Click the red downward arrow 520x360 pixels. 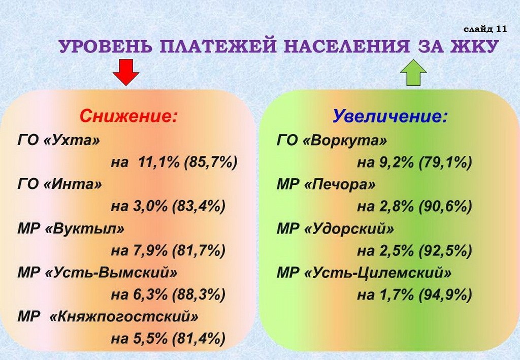pyautogui.click(x=126, y=72)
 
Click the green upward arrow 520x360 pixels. pyautogui.click(x=413, y=73)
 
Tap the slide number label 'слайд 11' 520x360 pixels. pyautogui.click(x=485, y=29)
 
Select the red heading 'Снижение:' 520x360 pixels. pyautogui.click(x=128, y=116)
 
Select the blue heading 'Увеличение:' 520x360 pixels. pyautogui.click(x=390, y=116)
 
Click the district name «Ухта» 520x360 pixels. pyautogui.click(x=72, y=141)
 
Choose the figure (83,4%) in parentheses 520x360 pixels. pyautogui.click(x=199, y=206)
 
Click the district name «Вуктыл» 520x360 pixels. pyautogui.click(x=84, y=228)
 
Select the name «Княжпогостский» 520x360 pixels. pyautogui.click(x=123, y=316)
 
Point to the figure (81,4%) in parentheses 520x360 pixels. pyautogui.click(x=199, y=339)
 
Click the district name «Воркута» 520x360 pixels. pyautogui.click(x=345, y=141)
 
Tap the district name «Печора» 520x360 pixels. pyautogui.click(x=340, y=184)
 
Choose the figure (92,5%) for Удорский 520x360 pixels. pyautogui.click(x=445, y=251)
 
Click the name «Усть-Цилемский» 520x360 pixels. pyautogui.click(x=377, y=273)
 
